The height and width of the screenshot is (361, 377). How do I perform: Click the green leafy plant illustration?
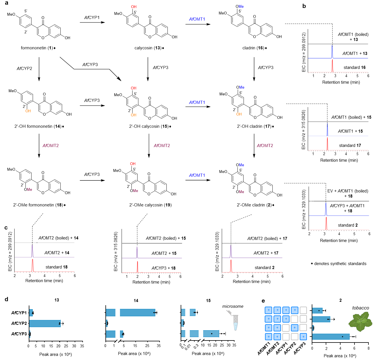[x=360, y=322]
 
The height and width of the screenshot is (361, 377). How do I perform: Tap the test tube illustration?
[x=232, y=321]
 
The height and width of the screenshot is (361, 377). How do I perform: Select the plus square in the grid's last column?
[x=303, y=337]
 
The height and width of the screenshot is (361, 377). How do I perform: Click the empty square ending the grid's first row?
[x=303, y=310]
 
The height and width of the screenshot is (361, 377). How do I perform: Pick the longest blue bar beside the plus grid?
[x=331, y=337]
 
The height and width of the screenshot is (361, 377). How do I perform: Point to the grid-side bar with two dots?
[x=321, y=319]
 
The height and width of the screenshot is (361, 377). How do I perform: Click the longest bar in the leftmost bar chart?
[x=45, y=323]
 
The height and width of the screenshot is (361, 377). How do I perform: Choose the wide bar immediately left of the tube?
[x=211, y=334]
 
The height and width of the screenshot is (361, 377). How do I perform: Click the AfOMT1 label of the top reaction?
[x=197, y=19]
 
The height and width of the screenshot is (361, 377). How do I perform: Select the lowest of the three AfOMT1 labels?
[x=197, y=175]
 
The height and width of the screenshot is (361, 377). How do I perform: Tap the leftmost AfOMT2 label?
[x=51, y=146]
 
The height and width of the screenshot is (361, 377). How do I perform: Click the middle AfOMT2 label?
[x=162, y=146]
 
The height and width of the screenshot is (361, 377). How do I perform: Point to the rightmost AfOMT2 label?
[x=265, y=146]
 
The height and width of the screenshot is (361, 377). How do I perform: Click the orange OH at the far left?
[x=28, y=111]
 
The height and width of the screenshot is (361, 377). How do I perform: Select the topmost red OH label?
[x=134, y=7]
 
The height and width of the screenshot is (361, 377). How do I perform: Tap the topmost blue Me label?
[x=241, y=7]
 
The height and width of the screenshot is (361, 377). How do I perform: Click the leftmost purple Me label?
[x=29, y=190]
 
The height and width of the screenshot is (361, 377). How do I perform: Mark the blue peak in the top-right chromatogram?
[x=332, y=51]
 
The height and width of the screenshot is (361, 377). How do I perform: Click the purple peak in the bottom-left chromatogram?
[x=32, y=251]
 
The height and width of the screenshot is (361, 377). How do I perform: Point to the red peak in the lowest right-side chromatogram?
[x=326, y=223]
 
